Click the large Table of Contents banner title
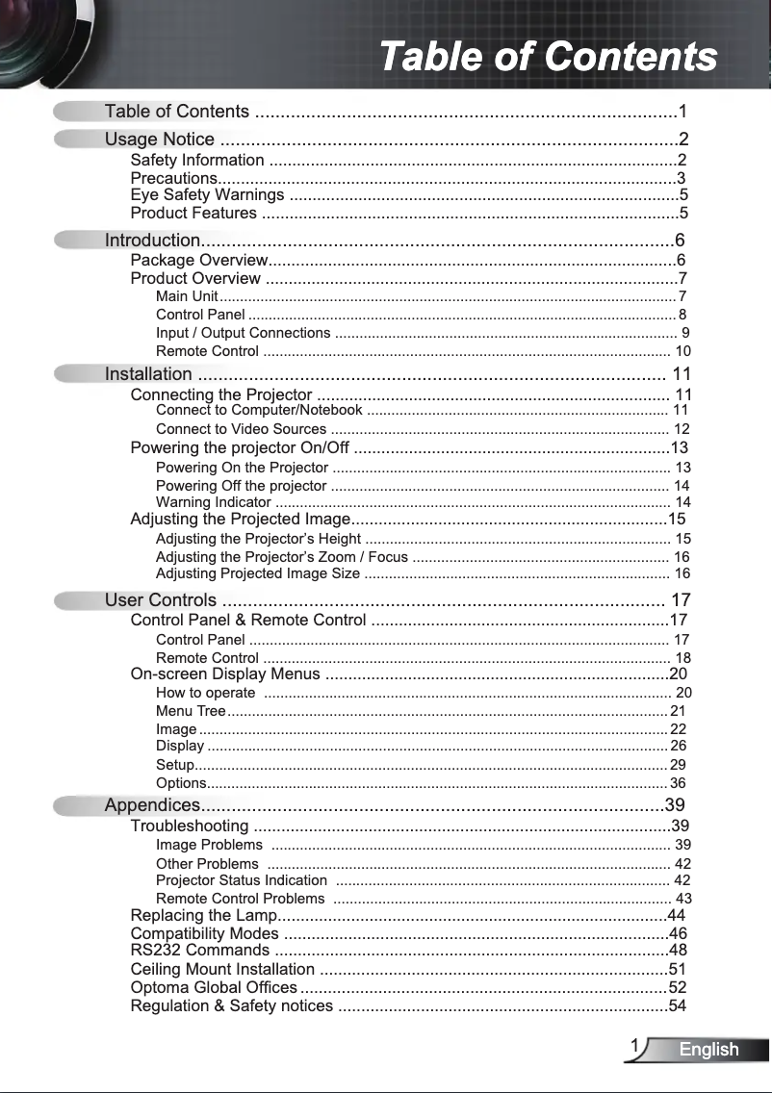tap(548, 56)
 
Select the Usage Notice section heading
tap(159, 140)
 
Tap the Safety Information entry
tap(196, 160)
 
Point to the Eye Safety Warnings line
tap(207, 195)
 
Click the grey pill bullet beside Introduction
tap(77, 240)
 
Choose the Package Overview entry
tap(197, 261)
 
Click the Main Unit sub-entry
tap(187, 295)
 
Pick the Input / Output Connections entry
tap(243, 333)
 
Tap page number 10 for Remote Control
tap(682, 351)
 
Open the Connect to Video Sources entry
tap(241, 429)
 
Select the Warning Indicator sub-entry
tap(213, 502)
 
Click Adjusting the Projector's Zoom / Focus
tap(281, 557)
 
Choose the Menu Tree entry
tap(191, 711)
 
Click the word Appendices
tap(152, 805)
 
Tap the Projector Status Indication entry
tap(241, 880)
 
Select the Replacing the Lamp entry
tap(203, 915)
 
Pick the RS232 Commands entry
tap(199, 952)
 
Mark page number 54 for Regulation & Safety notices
tap(678, 1006)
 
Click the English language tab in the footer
tap(708, 1050)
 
